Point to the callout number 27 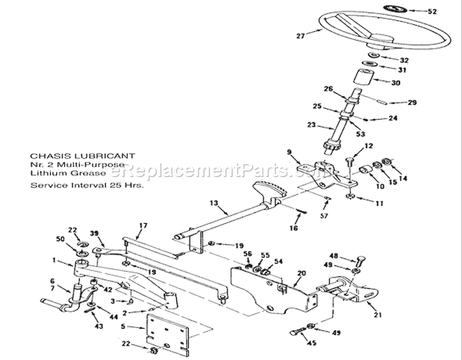[x=300, y=36]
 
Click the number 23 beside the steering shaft [x=312, y=124]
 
